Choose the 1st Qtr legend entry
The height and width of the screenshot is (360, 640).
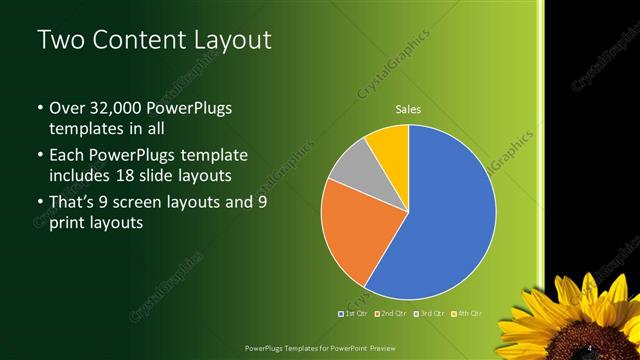356,314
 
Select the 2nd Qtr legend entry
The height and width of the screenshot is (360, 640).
392,314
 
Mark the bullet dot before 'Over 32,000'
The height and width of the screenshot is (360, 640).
39,108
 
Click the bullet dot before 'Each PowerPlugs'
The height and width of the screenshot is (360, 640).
39,156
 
